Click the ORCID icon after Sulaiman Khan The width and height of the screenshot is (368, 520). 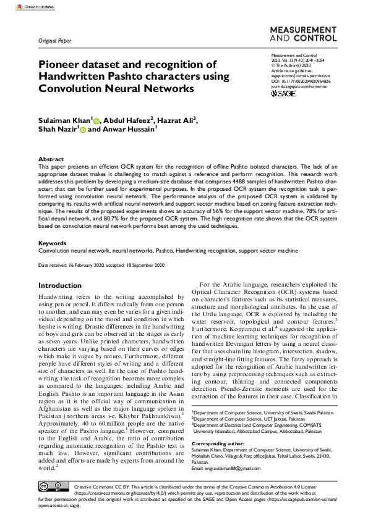96,120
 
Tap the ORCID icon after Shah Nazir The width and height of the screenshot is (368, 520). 82,131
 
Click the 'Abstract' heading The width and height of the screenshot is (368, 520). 51,159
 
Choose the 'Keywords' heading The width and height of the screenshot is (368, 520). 53,243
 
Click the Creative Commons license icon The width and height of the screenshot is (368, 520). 54,488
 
